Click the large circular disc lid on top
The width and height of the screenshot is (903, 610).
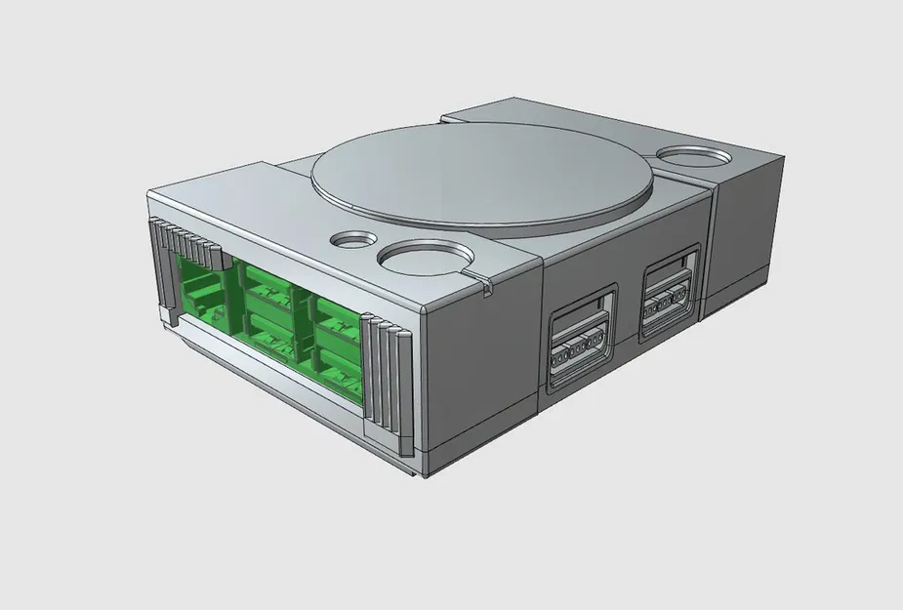[482, 182]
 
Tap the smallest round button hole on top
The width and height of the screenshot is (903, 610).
[353, 237]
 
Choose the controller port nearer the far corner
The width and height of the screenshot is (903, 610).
[670, 296]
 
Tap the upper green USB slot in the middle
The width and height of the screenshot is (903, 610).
[267, 291]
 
